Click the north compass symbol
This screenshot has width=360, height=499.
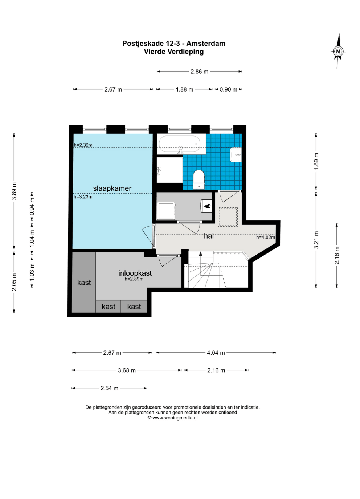click(338, 52)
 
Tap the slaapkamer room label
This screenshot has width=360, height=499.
click(112, 188)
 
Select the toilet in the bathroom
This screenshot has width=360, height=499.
click(199, 179)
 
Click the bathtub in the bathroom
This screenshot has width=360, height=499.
click(181, 145)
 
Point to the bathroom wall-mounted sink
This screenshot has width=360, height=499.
click(236, 155)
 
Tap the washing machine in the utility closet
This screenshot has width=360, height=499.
click(167, 211)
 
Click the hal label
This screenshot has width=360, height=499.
click(209, 236)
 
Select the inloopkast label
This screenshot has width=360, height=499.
click(135, 273)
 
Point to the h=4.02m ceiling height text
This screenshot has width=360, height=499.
click(265, 237)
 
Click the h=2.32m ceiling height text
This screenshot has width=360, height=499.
click(83, 145)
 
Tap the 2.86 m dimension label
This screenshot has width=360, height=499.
click(200, 72)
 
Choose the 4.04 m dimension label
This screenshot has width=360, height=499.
click(216, 353)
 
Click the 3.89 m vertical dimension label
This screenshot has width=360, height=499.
click(14, 191)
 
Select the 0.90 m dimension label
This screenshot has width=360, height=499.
click(228, 89)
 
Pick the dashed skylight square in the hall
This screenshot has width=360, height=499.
click(228, 217)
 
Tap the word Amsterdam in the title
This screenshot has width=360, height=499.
click(206, 44)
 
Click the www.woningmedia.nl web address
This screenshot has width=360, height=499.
click(175, 418)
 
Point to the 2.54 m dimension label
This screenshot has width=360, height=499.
click(110, 388)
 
